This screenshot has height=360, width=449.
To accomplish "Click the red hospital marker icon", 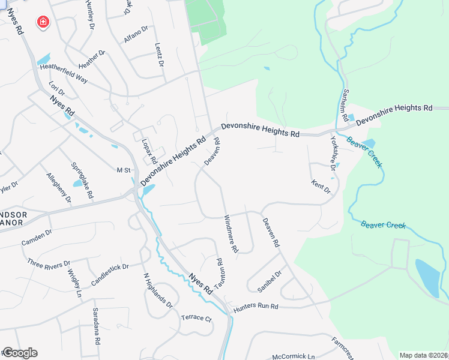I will point(43,23).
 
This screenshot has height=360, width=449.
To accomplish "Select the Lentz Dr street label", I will point(160,55).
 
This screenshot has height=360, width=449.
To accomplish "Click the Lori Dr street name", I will point(57,88).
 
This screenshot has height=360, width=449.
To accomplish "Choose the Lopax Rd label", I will point(148,151).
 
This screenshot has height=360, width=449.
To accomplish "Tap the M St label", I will point(124,170).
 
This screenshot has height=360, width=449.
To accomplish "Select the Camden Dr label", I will point(37,237).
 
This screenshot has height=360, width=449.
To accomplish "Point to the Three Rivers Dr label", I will point(49,263).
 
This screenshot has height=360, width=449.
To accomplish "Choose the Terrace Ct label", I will point(196,317).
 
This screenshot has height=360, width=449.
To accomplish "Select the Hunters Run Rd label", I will point(256,307).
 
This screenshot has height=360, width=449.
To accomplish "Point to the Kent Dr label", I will point(321,187).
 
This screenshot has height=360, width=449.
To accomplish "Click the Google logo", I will point(20,353).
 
